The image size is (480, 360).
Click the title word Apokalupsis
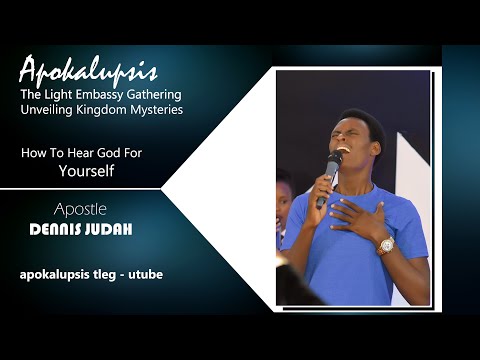[88, 71]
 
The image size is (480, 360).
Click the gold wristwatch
[385, 244]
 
